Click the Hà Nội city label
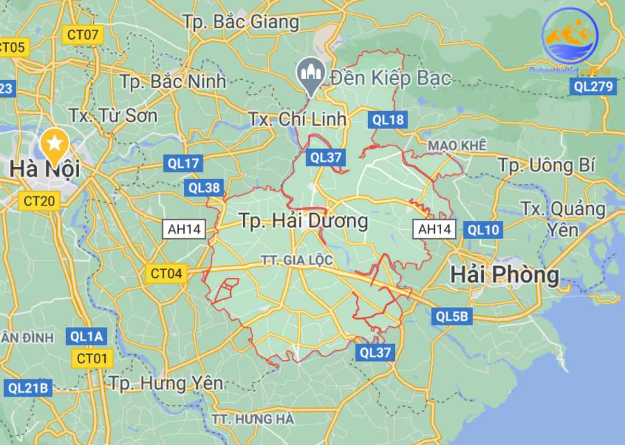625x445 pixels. click(44, 168)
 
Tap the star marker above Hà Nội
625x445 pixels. click(55, 141)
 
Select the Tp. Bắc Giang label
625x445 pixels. click(241, 22)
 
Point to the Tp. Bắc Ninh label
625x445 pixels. click(173, 81)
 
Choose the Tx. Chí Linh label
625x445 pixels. click(297, 119)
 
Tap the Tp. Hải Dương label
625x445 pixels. click(303, 221)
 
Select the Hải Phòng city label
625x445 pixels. click(505, 274)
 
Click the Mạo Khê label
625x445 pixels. click(457, 145)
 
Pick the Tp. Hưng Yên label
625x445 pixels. click(166, 384)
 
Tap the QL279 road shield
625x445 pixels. click(594, 86)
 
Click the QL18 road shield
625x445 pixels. click(388, 120)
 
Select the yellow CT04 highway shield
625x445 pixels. click(167, 273)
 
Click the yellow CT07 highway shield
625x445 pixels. click(83, 35)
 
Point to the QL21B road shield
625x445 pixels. click(28, 388)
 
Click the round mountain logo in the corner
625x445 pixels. click(570, 35)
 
